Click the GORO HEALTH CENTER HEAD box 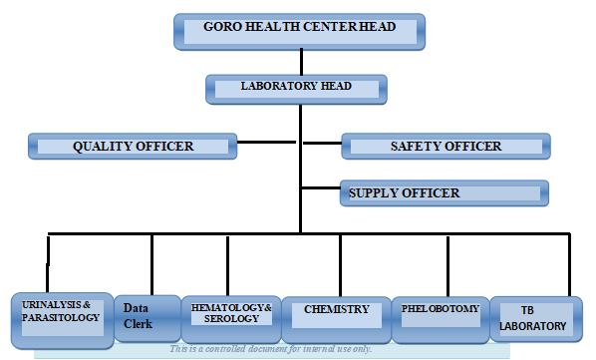[299, 31]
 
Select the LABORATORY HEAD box [295, 88]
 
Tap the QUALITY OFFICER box [133, 147]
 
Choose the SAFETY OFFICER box [445, 147]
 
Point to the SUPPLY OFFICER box [444, 192]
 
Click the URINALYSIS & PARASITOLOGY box [61, 319]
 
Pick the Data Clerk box [146, 318]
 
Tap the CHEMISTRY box [336, 316]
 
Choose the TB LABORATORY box [532, 319]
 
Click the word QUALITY [103, 147]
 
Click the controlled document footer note [271, 349]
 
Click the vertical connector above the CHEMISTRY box [340, 264]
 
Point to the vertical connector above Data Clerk [151, 264]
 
